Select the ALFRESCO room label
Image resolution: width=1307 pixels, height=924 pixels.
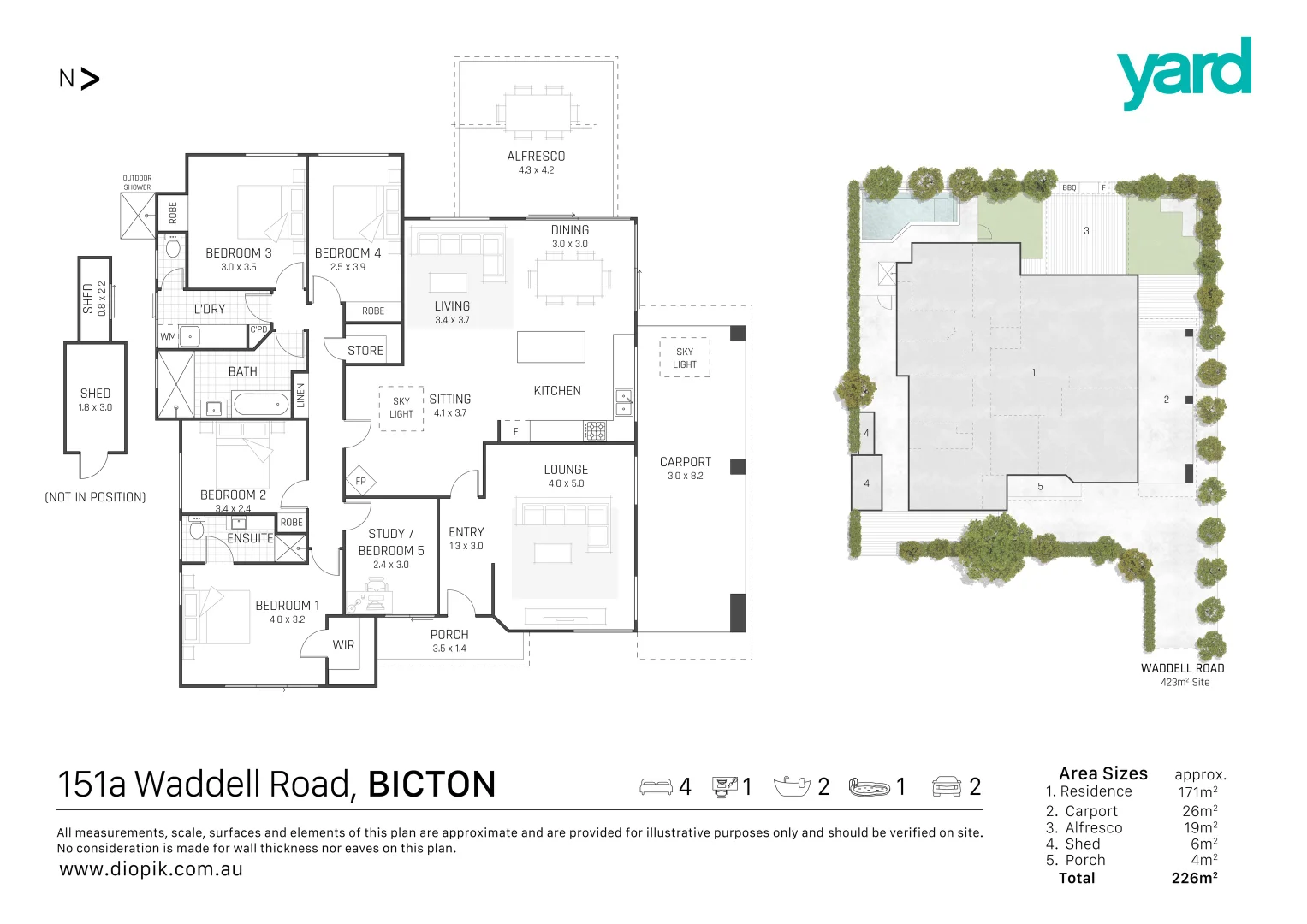point(536,157)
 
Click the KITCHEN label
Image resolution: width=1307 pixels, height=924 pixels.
point(557,391)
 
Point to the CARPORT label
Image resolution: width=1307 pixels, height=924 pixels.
point(685,462)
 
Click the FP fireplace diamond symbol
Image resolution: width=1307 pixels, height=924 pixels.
point(360,481)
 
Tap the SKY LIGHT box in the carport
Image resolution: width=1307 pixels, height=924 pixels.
point(685,358)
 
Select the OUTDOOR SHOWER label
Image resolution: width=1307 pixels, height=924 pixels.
point(137,182)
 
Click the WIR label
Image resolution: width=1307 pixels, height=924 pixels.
point(343,645)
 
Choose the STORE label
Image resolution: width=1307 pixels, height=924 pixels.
point(365,351)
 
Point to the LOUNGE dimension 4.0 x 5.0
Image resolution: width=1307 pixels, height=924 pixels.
point(566,483)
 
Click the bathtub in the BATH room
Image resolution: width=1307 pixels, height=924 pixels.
point(261,404)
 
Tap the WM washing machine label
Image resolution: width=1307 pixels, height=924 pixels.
point(168,336)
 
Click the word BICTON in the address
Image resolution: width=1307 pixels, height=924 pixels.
point(431,785)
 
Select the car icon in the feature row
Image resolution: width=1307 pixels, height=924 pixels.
point(947,785)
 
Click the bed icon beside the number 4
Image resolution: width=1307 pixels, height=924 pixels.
point(656,786)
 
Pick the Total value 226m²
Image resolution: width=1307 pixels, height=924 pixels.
point(1194,878)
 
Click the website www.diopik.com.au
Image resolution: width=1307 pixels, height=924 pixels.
point(151,869)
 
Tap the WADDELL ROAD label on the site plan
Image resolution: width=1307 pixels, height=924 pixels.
point(1182,668)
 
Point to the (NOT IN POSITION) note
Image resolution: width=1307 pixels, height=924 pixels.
point(95,497)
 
